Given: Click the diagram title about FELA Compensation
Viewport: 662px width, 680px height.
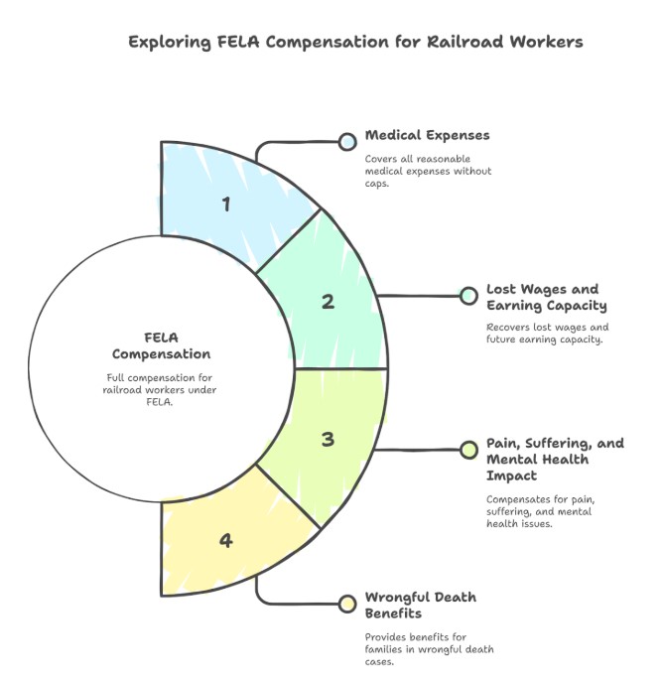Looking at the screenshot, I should [355, 42].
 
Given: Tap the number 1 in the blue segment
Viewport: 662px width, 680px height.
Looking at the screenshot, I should [226, 204].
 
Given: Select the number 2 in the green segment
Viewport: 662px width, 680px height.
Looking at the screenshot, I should [329, 302].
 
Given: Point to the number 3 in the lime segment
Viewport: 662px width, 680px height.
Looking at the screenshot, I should [329, 438].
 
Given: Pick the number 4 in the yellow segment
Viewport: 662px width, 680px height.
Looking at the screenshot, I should [226, 541].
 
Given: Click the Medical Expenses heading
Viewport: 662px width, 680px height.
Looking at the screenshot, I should [427, 135].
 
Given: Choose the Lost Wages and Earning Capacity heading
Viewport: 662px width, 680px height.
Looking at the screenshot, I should [546, 297].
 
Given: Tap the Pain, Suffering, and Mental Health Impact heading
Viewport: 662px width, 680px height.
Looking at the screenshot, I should [554, 459].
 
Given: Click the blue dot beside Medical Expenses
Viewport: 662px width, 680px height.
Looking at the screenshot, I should [347, 142].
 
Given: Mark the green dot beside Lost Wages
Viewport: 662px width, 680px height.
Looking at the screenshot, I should [468, 296].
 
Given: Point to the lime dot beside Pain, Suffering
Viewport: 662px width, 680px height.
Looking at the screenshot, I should [468, 451].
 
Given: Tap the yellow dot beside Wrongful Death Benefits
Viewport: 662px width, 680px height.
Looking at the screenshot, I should [347, 604].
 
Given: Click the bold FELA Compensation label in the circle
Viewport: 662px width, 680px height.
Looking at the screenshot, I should [161, 344].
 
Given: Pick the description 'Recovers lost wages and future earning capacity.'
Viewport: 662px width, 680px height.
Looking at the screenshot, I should [546, 334].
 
